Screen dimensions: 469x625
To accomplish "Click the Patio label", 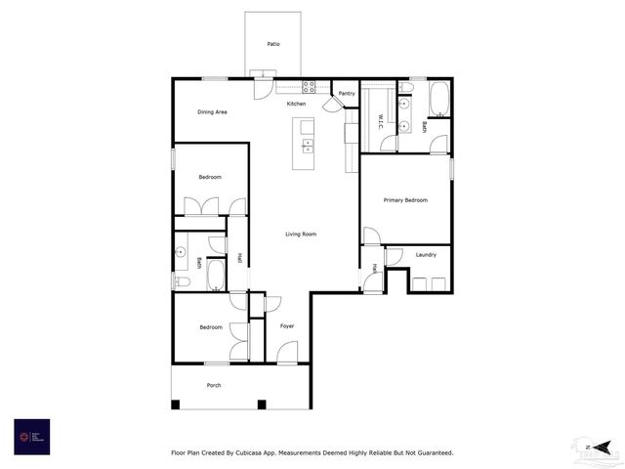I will pos(272,44).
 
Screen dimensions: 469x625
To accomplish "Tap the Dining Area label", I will pos(212,112).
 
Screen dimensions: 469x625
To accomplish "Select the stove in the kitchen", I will pos(310,87).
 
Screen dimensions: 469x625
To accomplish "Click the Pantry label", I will pos(347,93).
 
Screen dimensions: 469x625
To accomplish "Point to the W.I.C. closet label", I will pos(381,121).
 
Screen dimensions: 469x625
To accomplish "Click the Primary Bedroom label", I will pos(405,200).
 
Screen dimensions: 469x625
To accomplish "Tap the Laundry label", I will pos(426,255).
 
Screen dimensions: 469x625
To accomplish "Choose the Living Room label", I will pos(301,234).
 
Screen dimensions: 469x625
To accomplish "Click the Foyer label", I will pos(287,325).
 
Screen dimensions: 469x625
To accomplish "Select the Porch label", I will pos(213,385).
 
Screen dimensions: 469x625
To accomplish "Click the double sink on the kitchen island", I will pos(308,146).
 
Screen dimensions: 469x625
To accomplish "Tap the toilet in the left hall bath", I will pos(182,282).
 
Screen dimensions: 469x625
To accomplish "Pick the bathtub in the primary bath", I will pos(438,98).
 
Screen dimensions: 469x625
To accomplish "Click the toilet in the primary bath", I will pos(406,88).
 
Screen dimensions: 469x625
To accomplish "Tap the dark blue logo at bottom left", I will pos(32,436).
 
